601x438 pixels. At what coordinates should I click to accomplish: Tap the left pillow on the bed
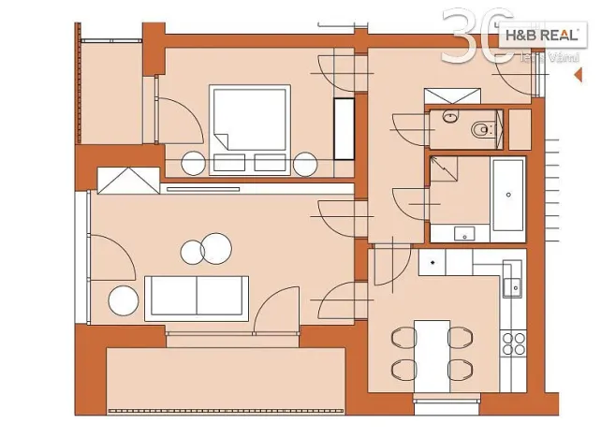228,162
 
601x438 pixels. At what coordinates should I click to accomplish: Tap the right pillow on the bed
270,162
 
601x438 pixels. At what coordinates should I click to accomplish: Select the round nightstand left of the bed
194,163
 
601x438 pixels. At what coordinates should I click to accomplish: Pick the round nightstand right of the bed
306,163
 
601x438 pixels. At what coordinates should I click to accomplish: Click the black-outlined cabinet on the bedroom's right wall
344,128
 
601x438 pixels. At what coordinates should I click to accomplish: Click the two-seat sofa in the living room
197,297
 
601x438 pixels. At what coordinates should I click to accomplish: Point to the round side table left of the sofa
124,300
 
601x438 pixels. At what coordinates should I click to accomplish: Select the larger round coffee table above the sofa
214,247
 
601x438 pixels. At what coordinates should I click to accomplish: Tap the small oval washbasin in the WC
450,118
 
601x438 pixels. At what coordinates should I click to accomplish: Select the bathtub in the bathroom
508,195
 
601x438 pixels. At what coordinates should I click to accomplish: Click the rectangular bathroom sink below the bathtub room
465,232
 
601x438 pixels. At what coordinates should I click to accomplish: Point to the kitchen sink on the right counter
512,285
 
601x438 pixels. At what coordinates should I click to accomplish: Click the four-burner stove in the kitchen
513,343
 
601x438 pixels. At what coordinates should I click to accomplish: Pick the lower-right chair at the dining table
459,369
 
